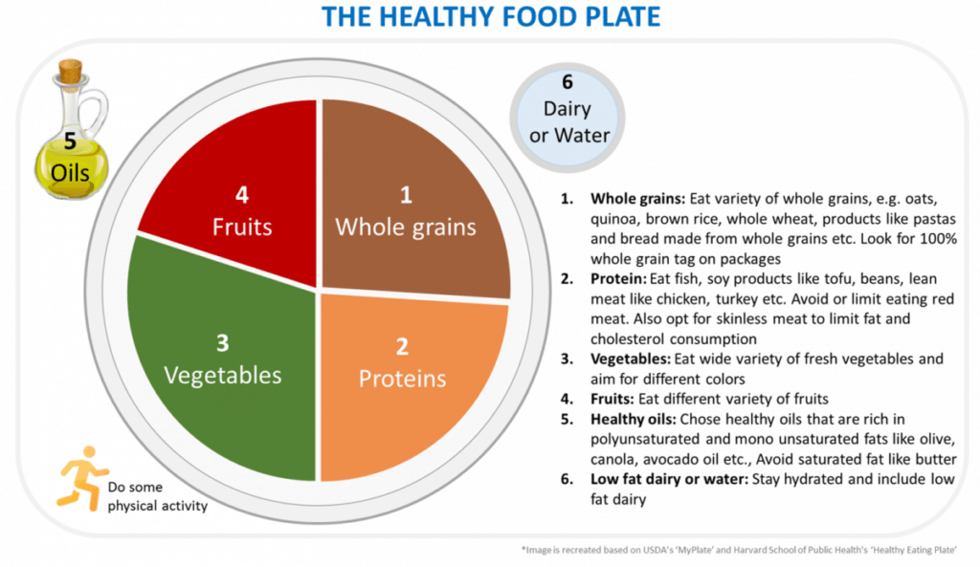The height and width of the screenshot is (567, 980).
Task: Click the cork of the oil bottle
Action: coord(70,71)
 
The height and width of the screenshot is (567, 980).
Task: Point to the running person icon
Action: coord(81,478)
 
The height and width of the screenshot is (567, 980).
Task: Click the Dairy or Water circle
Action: coord(568,117)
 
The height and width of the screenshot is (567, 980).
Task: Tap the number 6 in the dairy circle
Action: coord(567,82)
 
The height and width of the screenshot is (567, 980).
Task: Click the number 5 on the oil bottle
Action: coord(70,142)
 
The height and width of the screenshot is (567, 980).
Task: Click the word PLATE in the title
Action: coord(619,17)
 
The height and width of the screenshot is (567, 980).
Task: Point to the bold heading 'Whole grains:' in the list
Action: coord(637,199)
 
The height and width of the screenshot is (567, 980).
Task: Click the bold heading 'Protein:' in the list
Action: coord(618,278)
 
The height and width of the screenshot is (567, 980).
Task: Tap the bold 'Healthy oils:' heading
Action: coord(634,419)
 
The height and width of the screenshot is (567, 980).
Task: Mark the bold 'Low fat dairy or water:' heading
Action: coord(669,479)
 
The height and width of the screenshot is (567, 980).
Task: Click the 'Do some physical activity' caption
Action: coord(158,496)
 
